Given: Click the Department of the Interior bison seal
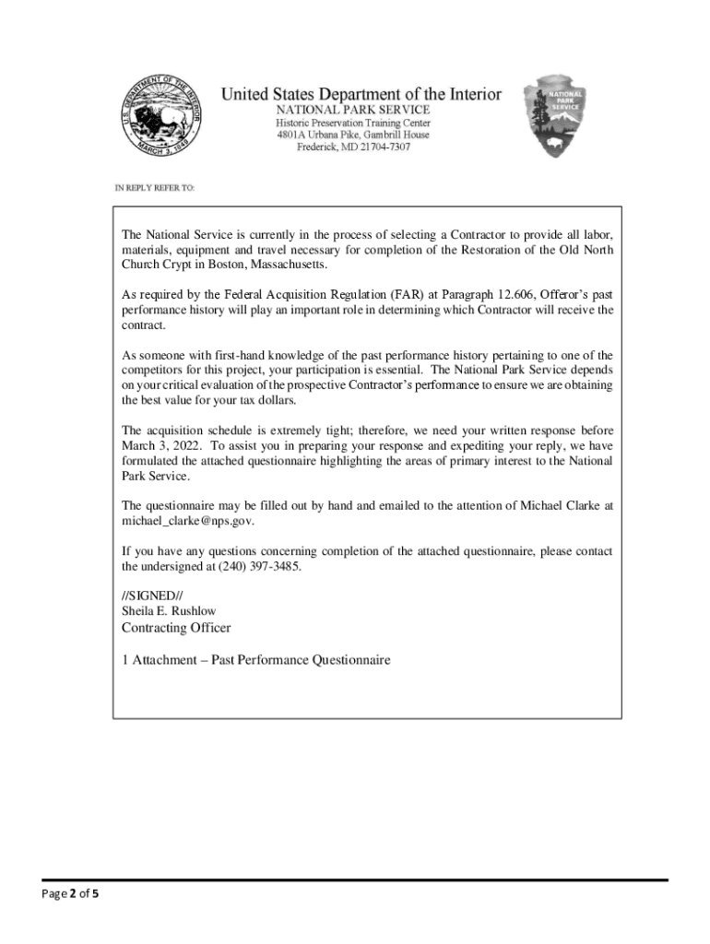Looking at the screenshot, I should coord(162,118).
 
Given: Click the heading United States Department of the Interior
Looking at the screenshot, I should coord(361,94).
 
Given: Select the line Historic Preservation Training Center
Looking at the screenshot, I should coord(354,123).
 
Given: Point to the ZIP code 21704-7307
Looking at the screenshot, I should coord(378,147).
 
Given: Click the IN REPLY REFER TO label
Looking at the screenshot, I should coord(155,187).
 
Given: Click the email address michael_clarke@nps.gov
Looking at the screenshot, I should coord(187,520).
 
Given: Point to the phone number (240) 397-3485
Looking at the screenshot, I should coord(259,565).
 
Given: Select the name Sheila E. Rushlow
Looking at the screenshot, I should coord(169,610).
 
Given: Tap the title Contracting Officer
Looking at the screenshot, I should coord(176,628).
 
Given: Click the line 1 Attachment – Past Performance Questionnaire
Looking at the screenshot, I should coord(256,660).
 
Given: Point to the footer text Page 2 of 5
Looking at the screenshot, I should coord(70,891).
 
